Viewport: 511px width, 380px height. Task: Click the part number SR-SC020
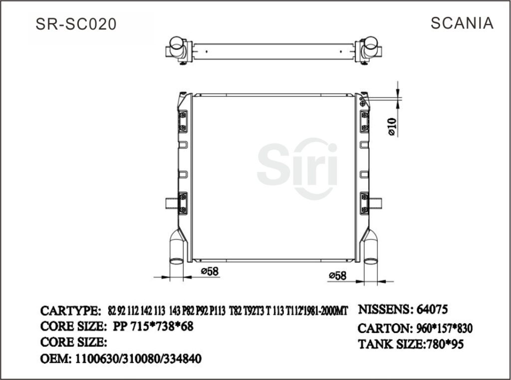pyautogui.click(x=76, y=24)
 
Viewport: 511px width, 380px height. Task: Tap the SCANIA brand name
pyautogui.click(x=462, y=23)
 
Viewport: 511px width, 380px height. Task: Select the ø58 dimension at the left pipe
pyautogui.click(x=210, y=271)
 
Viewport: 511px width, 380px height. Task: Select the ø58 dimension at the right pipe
pyautogui.click(x=338, y=275)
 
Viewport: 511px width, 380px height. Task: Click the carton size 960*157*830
pyautogui.click(x=444, y=329)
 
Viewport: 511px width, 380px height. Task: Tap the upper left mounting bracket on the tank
pyautogui.click(x=183, y=122)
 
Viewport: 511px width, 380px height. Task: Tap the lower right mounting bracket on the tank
pyautogui.click(x=364, y=203)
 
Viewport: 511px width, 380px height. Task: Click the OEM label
pyautogui.click(x=55, y=359)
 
